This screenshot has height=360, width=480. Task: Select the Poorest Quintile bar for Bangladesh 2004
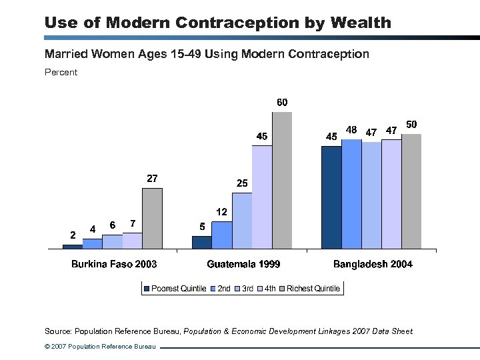331,197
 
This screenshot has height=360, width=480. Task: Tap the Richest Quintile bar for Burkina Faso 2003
152,218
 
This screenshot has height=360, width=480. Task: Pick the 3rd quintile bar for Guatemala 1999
242,221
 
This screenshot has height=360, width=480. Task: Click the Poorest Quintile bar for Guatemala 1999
202,242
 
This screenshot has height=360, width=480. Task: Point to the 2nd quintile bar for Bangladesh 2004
351,193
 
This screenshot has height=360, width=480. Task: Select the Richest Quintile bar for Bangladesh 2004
411,191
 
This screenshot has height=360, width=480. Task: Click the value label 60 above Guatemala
282,103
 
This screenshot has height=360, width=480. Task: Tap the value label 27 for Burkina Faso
152,178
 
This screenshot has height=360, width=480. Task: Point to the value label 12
222,211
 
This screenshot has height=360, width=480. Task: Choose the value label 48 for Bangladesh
352,129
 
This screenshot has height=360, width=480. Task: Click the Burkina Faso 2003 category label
114,264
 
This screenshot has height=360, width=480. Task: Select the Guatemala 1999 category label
243,264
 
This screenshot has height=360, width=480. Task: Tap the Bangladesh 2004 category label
373,264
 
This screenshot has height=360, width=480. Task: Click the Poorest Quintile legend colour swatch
146,289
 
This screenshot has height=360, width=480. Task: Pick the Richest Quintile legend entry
313,289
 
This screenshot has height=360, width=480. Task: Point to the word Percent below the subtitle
61,72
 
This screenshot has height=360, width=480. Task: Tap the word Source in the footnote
57,331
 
